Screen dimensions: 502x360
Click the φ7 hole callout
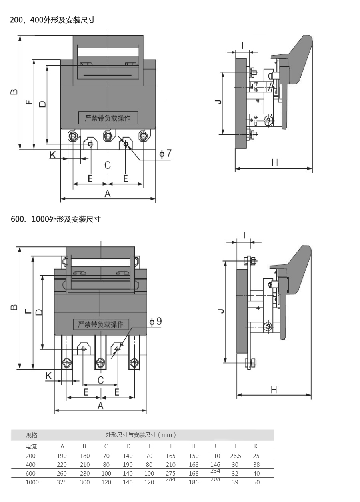point(166,153)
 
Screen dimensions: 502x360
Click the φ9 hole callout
point(156,321)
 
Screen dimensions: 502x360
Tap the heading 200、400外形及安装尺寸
point(52,20)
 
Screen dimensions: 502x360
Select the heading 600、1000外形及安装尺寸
point(55,219)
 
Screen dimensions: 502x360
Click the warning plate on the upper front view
point(108,118)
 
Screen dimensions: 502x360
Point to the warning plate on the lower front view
point(101,324)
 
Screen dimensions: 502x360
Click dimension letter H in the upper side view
point(275,162)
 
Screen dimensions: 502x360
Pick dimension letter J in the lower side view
point(219,311)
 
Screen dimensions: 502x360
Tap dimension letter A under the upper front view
point(107,194)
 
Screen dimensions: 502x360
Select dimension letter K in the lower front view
point(48,376)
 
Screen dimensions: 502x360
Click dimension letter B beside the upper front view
point(14,92)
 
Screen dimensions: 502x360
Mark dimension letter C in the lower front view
point(100,380)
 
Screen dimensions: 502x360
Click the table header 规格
point(32,435)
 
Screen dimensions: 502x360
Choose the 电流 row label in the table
point(31,447)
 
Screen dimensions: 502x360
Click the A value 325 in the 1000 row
point(62,482)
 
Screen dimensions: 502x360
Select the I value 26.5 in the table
point(236,456)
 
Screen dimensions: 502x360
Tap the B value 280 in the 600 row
point(84,474)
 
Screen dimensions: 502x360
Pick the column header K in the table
point(256,447)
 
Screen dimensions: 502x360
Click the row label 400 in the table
point(30,465)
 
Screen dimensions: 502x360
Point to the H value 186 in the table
point(193,482)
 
